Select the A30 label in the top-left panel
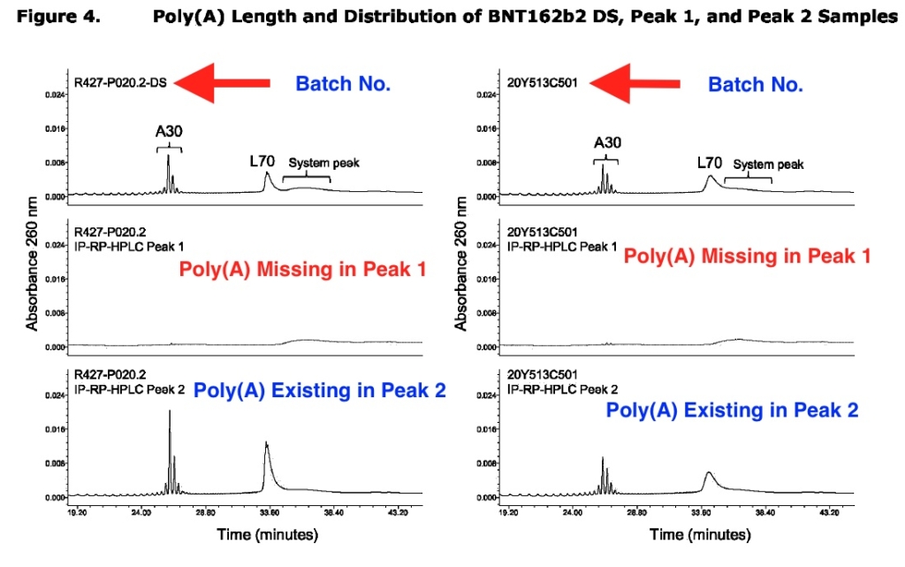pyautogui.click(x=168, y=132)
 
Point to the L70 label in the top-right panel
pyautogui.click(x=710, y=163)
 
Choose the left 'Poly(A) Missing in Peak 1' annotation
pyautogui.click(x=303, y=269)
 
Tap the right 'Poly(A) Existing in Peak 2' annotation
pyautogui.click(x=732, y=410)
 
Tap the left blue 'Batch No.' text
pyautogui.click(x=343, y=84)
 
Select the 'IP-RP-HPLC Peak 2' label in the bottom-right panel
pyautogui.click(x=562, y=389)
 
